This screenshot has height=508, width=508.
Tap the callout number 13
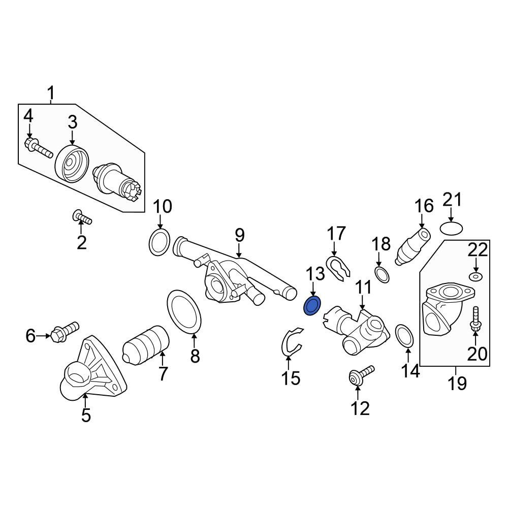tap(315, 274)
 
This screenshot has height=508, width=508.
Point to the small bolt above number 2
tap(82, 216)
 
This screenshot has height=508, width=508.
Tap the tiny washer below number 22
tap(475, 276)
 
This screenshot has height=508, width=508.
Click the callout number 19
tap(457, 383)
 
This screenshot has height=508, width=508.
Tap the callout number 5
tap(86, 415)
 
